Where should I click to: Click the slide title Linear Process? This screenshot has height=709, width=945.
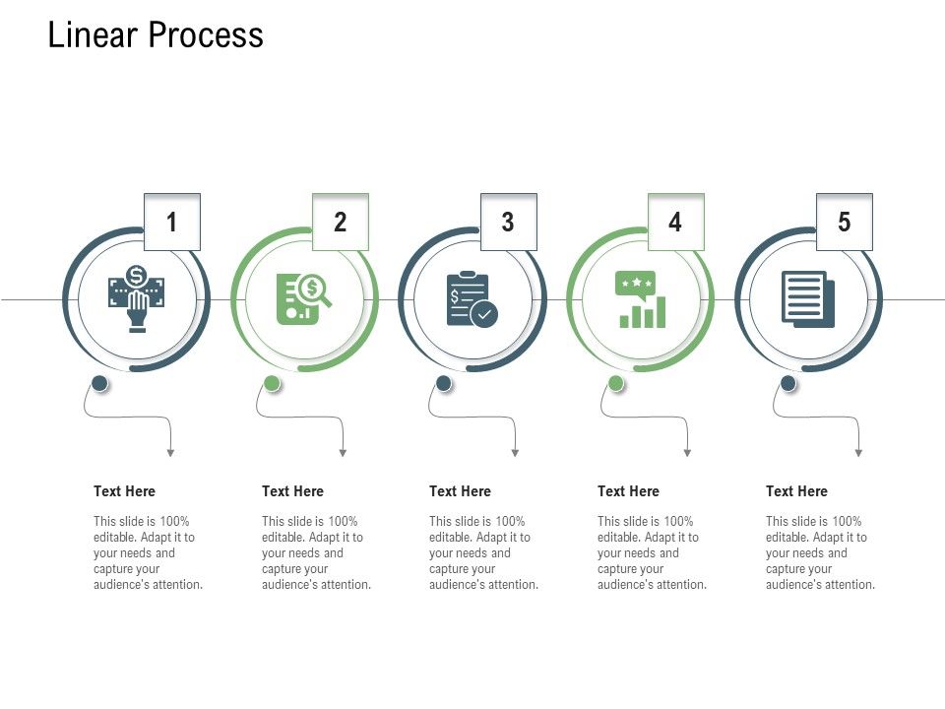pos(156,35)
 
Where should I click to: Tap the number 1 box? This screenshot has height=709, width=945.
pos(172,222)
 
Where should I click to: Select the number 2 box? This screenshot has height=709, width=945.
pos(340,222)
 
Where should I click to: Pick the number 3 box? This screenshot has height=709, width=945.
pos(508,222)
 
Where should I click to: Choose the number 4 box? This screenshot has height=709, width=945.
pos(675,222)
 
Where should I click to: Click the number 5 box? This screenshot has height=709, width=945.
pos(844,222)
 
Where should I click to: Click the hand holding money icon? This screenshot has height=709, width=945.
pos(137,298)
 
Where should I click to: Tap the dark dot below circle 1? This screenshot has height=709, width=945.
pos(99,383)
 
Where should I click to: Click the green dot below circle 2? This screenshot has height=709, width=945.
pos(273,383)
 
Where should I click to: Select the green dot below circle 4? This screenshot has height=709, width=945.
pos(616,383)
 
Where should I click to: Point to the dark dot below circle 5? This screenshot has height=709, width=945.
pos(788,383)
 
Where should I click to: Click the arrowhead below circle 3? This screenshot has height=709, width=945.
pos(515,453)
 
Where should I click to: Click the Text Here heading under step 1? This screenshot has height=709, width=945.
pos(124,491)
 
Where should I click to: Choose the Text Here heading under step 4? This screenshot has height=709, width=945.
pos(628,491)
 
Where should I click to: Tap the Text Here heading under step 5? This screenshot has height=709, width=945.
pos(796,491)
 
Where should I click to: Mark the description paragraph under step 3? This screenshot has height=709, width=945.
pos(483,552)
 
